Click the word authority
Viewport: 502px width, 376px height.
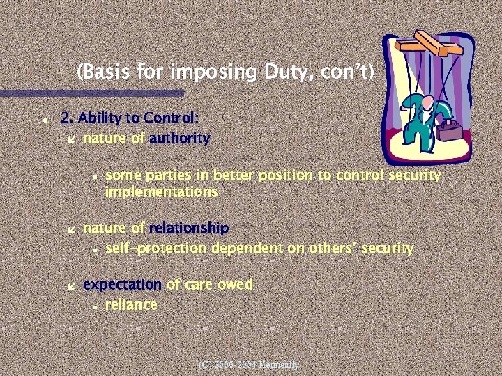(x=179, y=138)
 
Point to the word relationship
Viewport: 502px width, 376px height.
(x=188, y=228)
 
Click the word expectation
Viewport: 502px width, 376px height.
(x=122, y=284)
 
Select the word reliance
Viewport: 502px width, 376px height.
(x=131, y=304)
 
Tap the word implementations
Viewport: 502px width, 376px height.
(x=161, y=191)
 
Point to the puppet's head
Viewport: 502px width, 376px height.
(x=420, y=99)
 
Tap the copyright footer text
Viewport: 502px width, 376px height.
(x=248, y=364)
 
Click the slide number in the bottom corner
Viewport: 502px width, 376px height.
(x=455, y=352)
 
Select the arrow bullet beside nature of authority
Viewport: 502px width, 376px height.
(x=70, y=139)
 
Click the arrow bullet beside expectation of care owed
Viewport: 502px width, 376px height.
(x=70, y=285)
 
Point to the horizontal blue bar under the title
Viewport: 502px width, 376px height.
(x=91, y=93)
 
